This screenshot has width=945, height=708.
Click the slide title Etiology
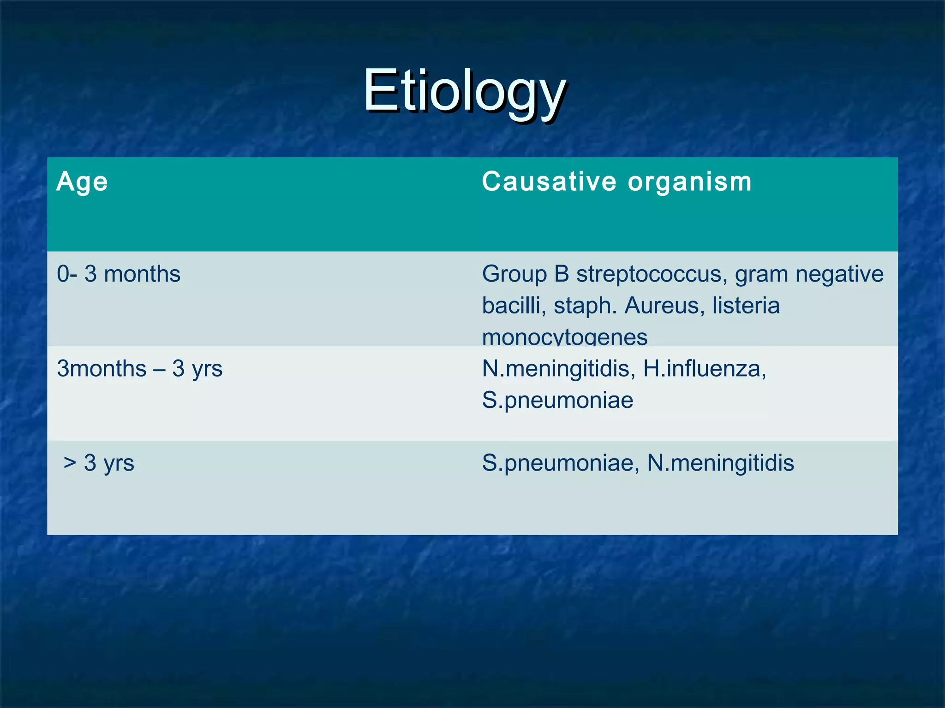coord(464,91)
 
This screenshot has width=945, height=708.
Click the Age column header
coord(82,182)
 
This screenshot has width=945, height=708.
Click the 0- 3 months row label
coord(119,274)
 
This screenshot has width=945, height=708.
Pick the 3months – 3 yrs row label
coord(139,369)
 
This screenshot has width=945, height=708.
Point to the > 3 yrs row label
coord(99,463)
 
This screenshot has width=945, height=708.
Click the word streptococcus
coord(649,274)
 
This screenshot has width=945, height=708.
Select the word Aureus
coord(661,306)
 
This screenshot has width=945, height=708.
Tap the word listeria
coord(746,306)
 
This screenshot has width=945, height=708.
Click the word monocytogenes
coord(565,337)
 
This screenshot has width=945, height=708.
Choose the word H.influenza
coord(704,369)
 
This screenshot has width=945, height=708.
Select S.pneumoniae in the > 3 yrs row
coord(557,463)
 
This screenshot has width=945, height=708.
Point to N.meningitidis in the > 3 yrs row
coord(720,463)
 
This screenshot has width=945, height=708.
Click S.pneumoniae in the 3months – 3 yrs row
coord(557,400)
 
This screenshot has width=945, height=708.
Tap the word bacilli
coord(511,306)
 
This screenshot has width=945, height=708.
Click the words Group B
coord(526,274)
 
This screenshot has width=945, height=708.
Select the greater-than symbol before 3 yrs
coord(70,463)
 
